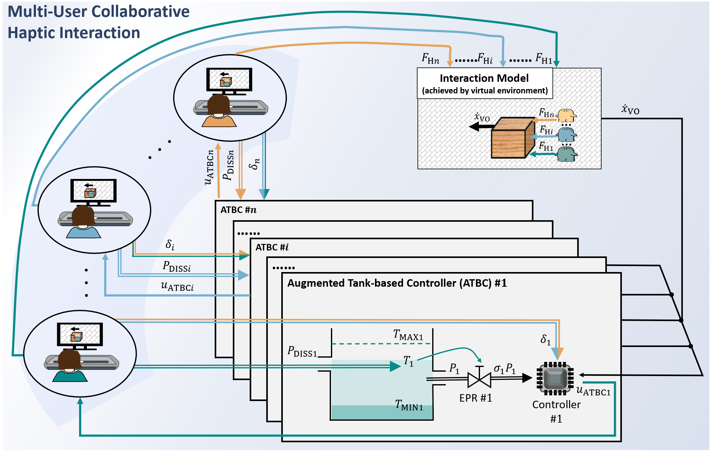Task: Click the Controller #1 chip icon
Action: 555,378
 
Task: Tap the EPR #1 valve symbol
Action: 479,379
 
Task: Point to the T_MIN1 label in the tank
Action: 409,405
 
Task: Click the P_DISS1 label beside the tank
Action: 302,352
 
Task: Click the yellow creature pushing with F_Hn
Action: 567,115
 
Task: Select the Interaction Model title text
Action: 484,78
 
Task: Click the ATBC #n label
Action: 238,210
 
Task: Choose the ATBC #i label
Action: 272,247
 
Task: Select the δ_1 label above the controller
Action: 545,339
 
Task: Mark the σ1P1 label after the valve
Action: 504,369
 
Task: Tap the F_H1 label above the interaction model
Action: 544,58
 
